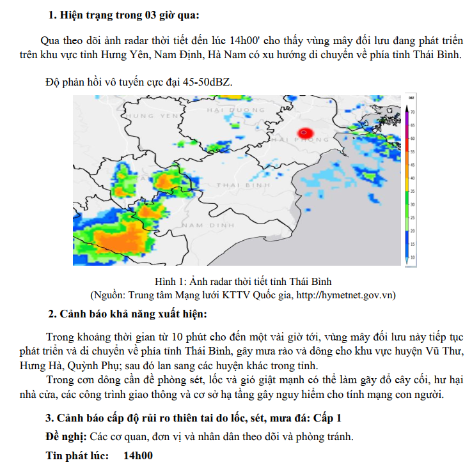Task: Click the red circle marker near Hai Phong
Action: point(304,133)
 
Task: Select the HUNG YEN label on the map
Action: point(152,116)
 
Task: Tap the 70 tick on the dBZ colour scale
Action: point(413,111)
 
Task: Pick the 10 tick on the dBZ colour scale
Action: point(413,257)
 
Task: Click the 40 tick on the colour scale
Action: point(413,178)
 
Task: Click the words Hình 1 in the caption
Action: point(169,282)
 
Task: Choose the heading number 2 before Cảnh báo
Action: point(52,314)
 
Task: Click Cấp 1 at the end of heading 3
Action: point(326,419)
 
